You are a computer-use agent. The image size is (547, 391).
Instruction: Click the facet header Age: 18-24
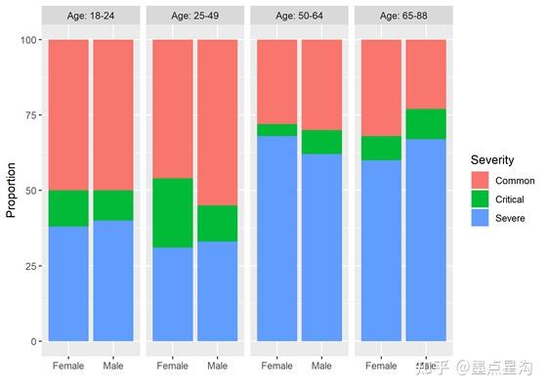(90, 16)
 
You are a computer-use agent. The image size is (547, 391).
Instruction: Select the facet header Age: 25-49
(194, 16)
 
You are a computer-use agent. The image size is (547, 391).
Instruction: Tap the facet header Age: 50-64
(299, 16)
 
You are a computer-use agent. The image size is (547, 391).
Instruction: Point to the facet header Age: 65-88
(403, 16)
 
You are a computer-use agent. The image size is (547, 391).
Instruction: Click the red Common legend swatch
(481, 181)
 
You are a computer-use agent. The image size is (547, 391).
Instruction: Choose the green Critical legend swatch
(481, 199)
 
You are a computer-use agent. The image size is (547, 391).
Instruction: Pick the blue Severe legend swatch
(481, 218)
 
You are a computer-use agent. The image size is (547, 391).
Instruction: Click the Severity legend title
(493, 159)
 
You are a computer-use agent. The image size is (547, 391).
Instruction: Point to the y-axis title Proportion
(13, 191)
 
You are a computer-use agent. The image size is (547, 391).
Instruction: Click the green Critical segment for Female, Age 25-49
(172, 213)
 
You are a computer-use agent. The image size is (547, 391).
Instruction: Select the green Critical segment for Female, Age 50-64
(276, 130)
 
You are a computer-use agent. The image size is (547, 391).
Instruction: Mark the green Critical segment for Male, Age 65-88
(426, 124)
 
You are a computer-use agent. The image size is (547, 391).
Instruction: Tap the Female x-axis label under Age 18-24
(67, 367)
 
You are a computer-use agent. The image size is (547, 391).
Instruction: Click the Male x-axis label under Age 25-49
(217, 367)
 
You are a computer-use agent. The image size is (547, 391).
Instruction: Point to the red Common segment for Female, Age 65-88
(381, 88)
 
